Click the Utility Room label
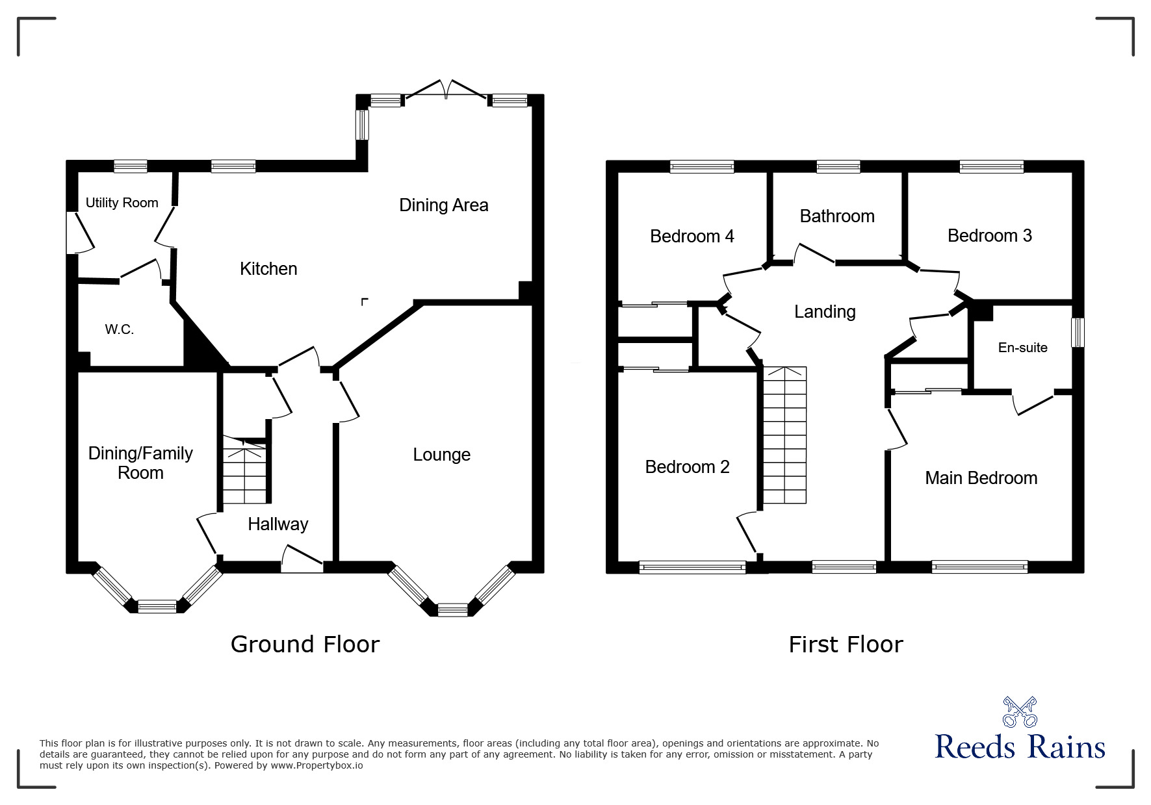tap(122, 203)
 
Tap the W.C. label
tap(120, 329)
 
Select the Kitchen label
tap(268, 268)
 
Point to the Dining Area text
tap(443, 205)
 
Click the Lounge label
tap(441, 455)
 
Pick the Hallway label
tap(278, 524)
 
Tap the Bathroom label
tap(837, 216)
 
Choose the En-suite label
tap(1022, 348)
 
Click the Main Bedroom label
tap(981, 478)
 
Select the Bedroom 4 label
tap(692, 236)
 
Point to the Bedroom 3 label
tap(989, 235)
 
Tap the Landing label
tap(825, 312)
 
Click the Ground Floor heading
tap(305, 645)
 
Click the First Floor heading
tap(846, 645)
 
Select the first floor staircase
tap(784, 435)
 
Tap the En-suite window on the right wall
tap(1078, 332)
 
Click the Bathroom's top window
tap(838, 167)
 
